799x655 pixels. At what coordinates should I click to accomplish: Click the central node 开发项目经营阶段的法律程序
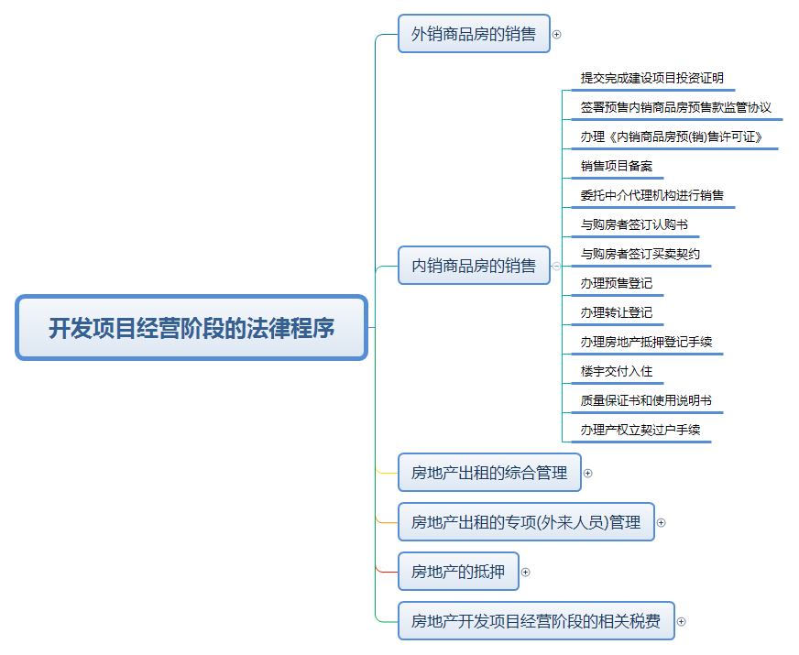(192, 328)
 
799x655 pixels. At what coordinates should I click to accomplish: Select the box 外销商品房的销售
(474, 34)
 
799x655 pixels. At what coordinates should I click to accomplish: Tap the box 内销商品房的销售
(474, 266)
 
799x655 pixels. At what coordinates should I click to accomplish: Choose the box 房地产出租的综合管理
(488, 473)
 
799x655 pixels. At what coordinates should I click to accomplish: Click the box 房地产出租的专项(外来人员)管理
(526, 522)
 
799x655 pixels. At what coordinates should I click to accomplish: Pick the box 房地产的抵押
(458, 572)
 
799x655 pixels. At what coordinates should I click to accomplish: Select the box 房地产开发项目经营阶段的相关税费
(536, 621)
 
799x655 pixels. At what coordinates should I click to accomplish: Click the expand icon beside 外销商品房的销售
(556, 35)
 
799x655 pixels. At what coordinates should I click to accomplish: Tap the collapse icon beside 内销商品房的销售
(556, 266)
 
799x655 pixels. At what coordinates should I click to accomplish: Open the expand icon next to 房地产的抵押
(525, 573)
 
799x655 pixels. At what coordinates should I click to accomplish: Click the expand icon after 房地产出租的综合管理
(587, 474)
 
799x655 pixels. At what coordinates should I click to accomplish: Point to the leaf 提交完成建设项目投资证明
(651, 79)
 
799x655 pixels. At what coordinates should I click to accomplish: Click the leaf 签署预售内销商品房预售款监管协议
(675, 108)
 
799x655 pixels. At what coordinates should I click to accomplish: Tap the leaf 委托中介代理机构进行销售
(651, 196)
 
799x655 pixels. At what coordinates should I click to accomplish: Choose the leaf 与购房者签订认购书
(633, 225)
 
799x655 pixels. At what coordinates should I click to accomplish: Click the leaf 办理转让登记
(616, 313)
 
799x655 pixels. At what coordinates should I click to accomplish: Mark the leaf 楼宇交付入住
(616, 372)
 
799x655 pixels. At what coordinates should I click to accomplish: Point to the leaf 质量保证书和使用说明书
(645, 401)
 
